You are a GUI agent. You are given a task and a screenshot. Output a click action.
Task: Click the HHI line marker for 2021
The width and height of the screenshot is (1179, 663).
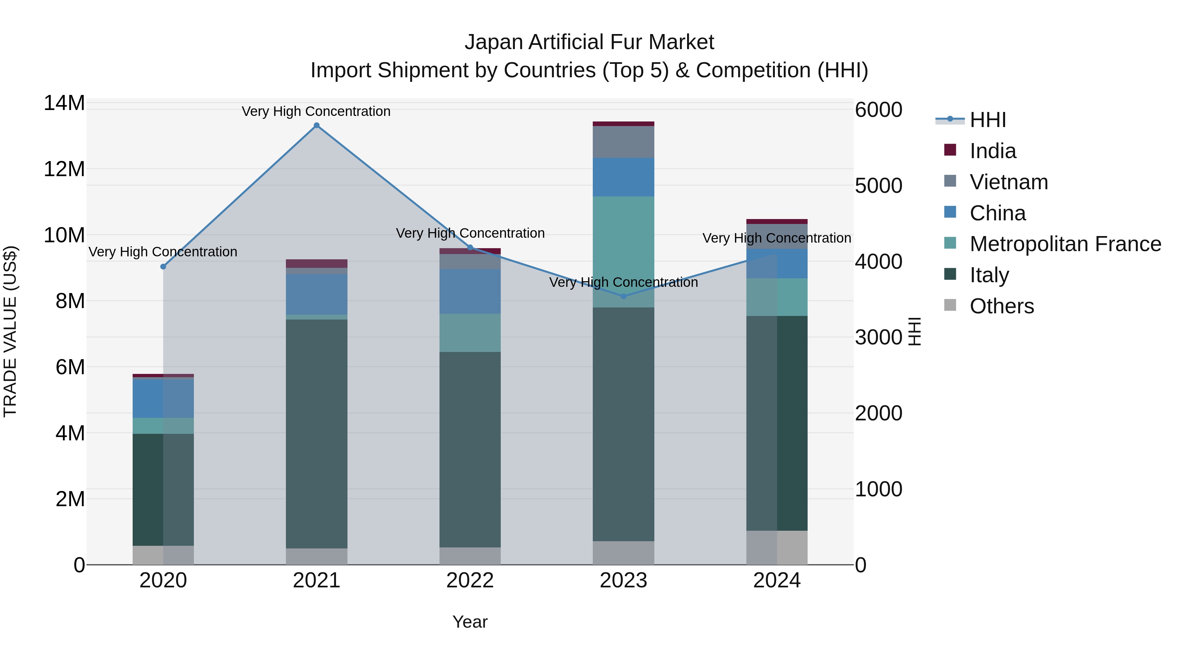click(x=316, y=125)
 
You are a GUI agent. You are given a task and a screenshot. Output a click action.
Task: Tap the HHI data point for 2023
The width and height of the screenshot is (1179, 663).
click(x=623, y=296)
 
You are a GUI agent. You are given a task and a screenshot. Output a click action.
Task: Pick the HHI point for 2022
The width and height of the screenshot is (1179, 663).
click(x=470, y=248)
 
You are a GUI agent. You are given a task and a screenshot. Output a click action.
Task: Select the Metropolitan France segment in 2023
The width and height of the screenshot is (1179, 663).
click(x=623, y=252)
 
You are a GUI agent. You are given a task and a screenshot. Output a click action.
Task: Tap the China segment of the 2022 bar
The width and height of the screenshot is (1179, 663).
click(x=470, y=291)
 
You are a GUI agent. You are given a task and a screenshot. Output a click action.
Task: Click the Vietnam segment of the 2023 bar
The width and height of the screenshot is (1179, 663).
click(x=623, y=142)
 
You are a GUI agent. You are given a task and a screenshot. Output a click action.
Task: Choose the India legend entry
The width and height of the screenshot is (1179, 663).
click(x=992, y=151)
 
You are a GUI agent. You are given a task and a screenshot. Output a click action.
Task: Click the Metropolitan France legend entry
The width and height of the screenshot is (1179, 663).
click(x=1065, y=244)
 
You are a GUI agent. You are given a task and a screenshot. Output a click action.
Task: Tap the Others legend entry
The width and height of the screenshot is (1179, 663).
click(x=1001, y=306)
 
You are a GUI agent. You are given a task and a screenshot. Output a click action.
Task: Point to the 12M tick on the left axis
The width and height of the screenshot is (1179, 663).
click(x=64, y=169)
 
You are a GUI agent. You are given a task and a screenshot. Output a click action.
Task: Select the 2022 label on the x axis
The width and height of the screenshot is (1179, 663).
click(x=470, y=580)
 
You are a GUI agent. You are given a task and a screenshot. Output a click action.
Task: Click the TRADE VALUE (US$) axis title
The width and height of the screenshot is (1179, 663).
click(x=10, y=331)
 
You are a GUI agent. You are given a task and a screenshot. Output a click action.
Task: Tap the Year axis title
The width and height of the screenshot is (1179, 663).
click(x=470, y=622)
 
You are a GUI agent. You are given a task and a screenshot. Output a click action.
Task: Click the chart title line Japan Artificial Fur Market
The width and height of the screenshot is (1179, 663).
click(x=589, y=42)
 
